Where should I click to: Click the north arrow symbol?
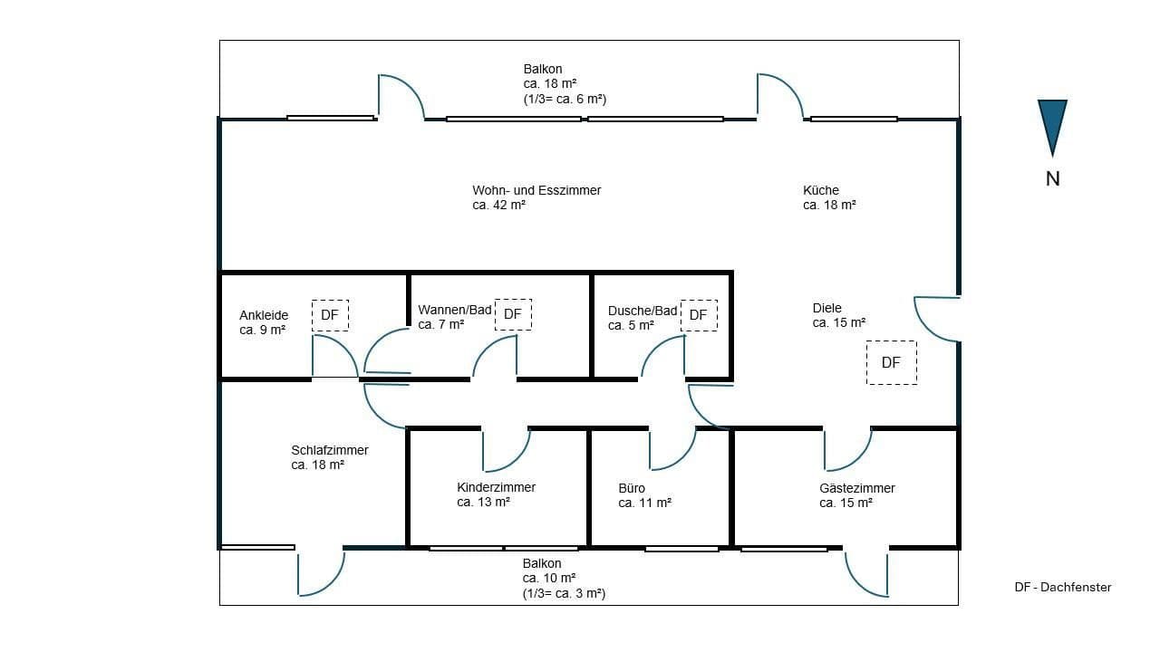tap(1052, 128)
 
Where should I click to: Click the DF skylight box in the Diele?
tap(891, 362)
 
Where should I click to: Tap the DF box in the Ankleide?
tap(330, 315)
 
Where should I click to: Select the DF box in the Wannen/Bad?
tap(513, 314)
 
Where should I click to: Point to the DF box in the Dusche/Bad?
tap(698, 315)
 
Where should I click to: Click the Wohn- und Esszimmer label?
tap(536, 190)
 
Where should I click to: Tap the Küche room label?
tap(821, 190)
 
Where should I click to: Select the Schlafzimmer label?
tap(330, 450)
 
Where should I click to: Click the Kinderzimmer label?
tap(496, 487)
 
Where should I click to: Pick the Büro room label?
tap(632, 488)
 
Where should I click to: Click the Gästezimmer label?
tap(856, 488)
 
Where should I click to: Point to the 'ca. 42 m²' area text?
tap(499, 206)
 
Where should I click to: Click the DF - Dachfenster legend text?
tap(1062, 588)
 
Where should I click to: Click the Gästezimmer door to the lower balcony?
tap(865, 573)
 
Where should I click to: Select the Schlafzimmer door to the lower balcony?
tap(322, 572)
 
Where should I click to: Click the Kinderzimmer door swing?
tap(506, 449)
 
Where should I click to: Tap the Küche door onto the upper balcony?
tap(779, 96)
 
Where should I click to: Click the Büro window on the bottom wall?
tap(681, 548)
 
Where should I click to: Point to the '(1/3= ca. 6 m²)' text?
tap(564, 99)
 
